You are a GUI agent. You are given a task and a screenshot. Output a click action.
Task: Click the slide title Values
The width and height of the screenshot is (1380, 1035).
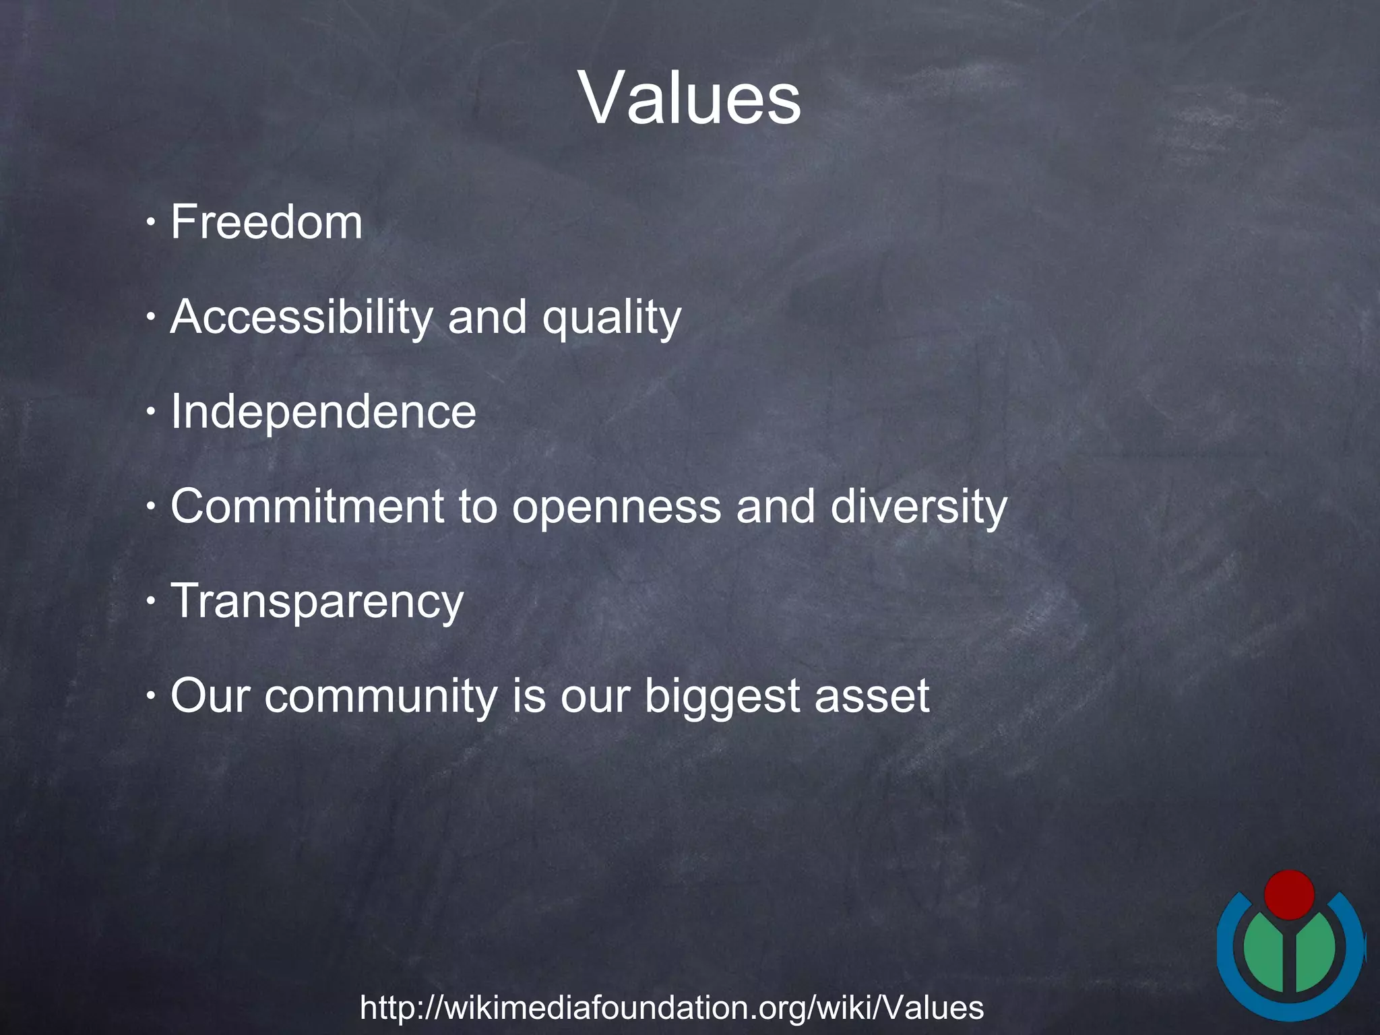(x=689, y=98)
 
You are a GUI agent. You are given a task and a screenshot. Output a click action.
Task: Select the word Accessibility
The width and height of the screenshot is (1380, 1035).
(x=301, y=317)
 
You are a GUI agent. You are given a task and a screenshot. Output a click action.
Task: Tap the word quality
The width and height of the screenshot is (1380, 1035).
(x=612, y=318)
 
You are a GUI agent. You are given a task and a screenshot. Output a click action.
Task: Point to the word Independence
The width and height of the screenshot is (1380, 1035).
(x=323, y=412)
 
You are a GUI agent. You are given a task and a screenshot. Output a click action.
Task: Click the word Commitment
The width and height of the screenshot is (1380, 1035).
(x=307, y=506)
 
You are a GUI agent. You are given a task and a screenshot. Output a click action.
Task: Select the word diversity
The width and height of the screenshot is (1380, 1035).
(x=918, y=506)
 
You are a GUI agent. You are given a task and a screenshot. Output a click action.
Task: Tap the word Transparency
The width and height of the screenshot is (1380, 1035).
(x=317, y=602)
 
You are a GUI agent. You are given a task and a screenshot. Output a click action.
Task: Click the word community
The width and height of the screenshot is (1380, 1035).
(x=380, y=696)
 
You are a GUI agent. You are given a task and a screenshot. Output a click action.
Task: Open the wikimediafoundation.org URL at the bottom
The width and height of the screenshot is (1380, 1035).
(x=672, y=1008)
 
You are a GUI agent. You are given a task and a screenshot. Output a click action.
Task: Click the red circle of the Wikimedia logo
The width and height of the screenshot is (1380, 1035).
(x=1289, y=895)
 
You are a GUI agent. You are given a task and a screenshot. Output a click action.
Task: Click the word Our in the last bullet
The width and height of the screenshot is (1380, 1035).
(x=210, y=696)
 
